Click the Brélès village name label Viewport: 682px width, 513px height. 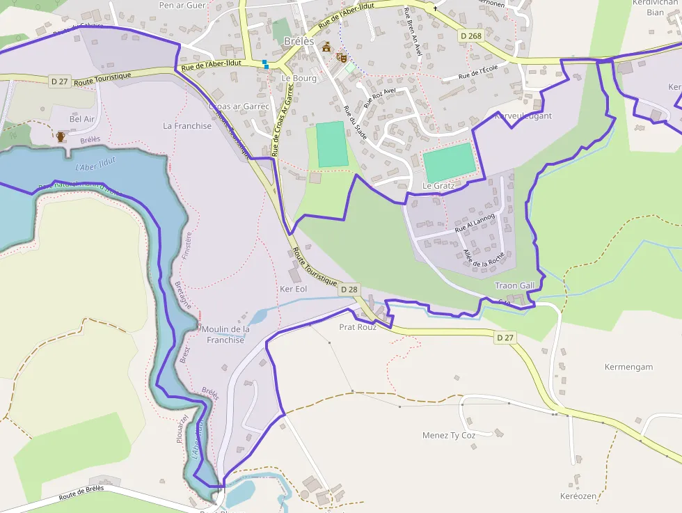click(x=299, y=41)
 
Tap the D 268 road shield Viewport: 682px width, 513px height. click(x=471, y=35)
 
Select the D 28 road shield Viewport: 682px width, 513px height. click(x=349, y=289)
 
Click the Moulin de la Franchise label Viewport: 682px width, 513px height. click(x=225, y=334)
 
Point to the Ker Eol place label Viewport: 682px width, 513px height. click(x=293, y=289)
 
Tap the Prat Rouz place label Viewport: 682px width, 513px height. click(x=357, y=326)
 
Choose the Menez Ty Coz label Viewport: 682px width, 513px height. click(x=449, y=436)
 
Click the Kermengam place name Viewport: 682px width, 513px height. click(x=628, y=367)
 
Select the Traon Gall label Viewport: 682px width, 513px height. click(x=515, y=285)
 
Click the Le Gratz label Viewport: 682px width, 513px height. click(x=438, y=186)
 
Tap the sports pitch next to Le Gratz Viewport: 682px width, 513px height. click(x=449, y=162)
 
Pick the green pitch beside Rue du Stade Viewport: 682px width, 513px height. click(x=332, y=144)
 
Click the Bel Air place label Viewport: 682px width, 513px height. click(x=82, y=119)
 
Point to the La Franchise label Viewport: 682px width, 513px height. click(x=187, y=126)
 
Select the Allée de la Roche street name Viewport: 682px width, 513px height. click(x=483, y=258)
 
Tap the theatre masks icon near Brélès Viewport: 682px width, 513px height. click(x=341, y=57)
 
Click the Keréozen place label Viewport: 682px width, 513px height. click(x=578, y=496)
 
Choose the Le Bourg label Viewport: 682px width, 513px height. click(x=299, y=78)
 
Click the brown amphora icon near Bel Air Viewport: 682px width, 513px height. click(x=61, y=136)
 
